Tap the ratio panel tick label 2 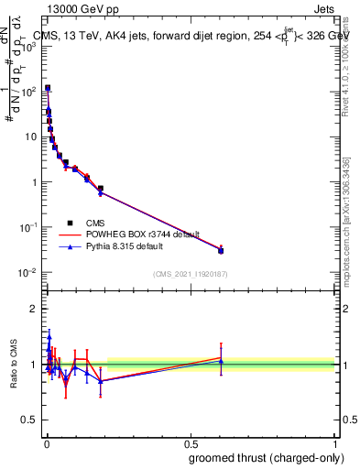(35, 309)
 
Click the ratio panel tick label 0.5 (31, 421)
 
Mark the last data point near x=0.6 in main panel (221, 250)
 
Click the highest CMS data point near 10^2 (48, 88)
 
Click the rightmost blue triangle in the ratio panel (221, 361)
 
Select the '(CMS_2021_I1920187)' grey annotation (189, 274)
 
